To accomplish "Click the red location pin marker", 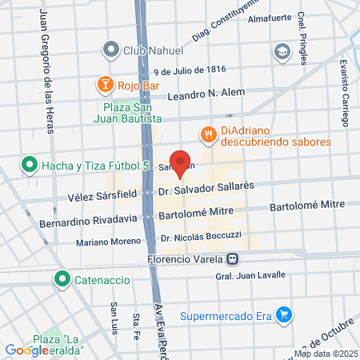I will coord(181,162).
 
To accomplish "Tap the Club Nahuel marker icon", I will coord(110,50).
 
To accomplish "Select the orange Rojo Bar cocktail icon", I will coord(105,83).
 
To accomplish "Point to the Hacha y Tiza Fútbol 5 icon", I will coord(30,166).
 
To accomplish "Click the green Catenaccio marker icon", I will coord(62,279).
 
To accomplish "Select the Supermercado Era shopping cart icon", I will coord(282,314).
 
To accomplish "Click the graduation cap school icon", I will coord(282,52).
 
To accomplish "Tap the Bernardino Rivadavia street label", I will coord(88,220).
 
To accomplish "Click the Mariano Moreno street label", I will coord(109,241).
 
